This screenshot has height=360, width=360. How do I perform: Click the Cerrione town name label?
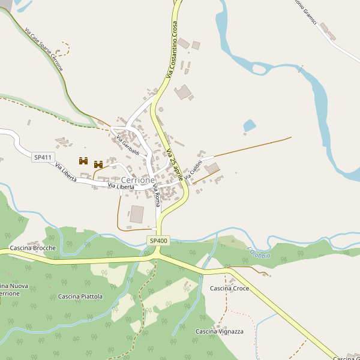tap(138, 180)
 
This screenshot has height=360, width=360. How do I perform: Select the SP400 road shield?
tap(158, 241)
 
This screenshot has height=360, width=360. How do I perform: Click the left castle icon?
tap(83, 161)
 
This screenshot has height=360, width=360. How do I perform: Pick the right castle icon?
tap(98, 164)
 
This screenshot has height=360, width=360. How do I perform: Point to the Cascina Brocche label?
tap(33, 248)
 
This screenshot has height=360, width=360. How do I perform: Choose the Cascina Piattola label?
tap(80, 296)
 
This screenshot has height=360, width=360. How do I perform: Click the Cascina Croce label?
tap(229, 289)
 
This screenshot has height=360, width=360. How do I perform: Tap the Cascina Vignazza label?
tap(220, 331)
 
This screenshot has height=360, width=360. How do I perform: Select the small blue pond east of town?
tap(249, 126)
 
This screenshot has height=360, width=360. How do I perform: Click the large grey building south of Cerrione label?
tap(137, 214)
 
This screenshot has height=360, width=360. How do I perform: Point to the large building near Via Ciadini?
tap(212, 168)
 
